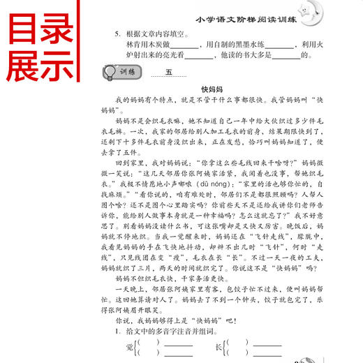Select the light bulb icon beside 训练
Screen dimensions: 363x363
110,72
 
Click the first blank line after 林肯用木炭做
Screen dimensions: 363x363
185,47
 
